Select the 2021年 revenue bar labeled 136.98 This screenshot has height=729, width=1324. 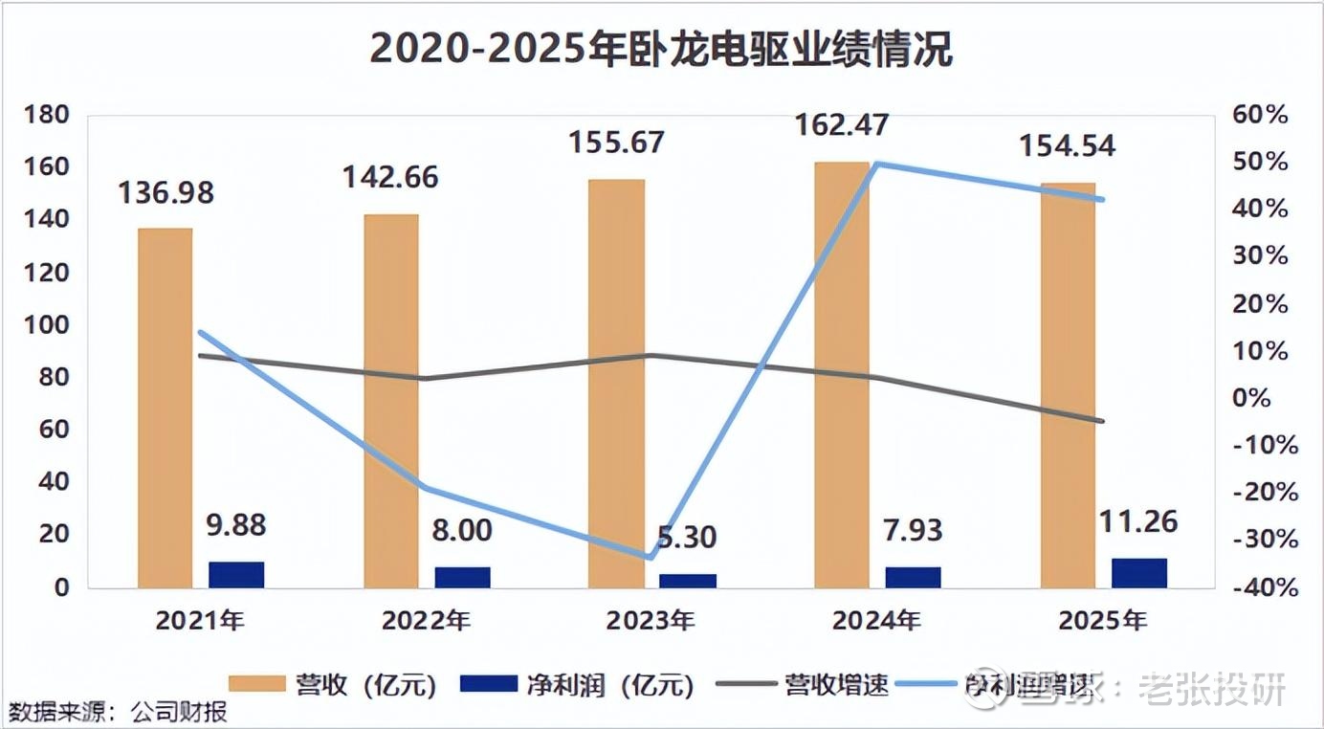click(165, 407)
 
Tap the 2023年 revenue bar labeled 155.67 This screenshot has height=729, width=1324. click(616, 383)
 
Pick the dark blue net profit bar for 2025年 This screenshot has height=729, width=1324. click(1139, 572)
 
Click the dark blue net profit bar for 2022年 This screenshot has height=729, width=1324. click(462, 577)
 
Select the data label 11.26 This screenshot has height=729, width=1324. click(1138, 521)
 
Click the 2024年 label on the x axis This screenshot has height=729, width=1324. click(877, 621)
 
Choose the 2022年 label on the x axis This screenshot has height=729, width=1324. click(426, 621)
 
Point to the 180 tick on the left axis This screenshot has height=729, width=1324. click(46, 115)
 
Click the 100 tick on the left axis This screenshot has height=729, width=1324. click(46, 325)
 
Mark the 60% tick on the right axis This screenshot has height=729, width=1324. click(1261, 115)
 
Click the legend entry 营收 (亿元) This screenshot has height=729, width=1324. click(334, 684)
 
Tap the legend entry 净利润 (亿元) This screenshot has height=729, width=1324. click(575, 684)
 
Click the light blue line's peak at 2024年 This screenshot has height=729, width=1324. click(876, 164)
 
